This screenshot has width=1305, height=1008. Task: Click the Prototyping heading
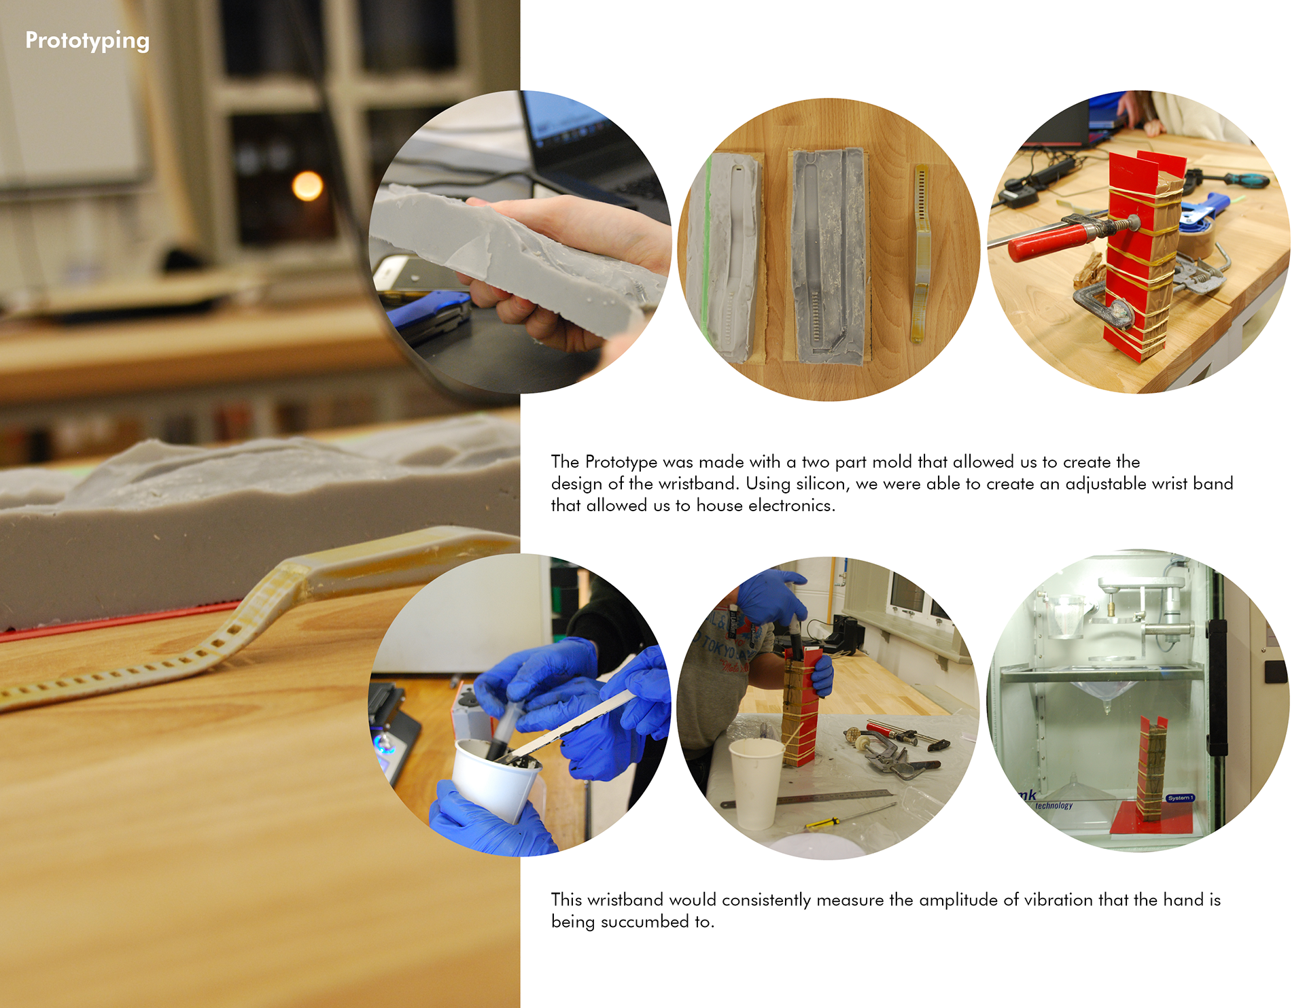(x=87, y=41)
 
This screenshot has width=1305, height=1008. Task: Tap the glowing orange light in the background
(x=307, y=186)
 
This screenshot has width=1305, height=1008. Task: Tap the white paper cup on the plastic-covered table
(x=755, y=782)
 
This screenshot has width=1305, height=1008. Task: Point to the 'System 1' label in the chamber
(x=1180, y=797)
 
